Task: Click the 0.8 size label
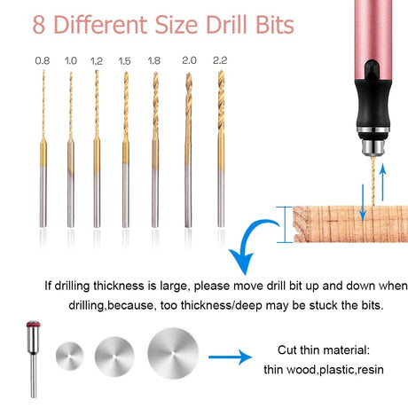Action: pos(43,60)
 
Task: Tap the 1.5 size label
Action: pos(124,61)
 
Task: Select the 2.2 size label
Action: pos(220,60)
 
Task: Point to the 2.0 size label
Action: pos(189,60)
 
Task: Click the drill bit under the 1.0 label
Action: pos(70,150)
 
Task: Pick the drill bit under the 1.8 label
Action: pos(155,150)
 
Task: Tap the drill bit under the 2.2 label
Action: pos(221,149)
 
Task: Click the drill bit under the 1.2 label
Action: pos(97,149)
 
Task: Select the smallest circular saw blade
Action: pos(70,357)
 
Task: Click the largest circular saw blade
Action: pos(173,354)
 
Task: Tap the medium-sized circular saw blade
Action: pos(114,357)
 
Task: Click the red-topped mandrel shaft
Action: pos(34,359)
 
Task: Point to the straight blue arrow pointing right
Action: pos(230,357)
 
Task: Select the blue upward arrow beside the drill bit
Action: pos(383,182)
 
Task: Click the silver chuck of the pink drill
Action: pos(373,147)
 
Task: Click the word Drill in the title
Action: pos(226,25)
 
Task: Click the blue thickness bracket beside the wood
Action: pos(285,224)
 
